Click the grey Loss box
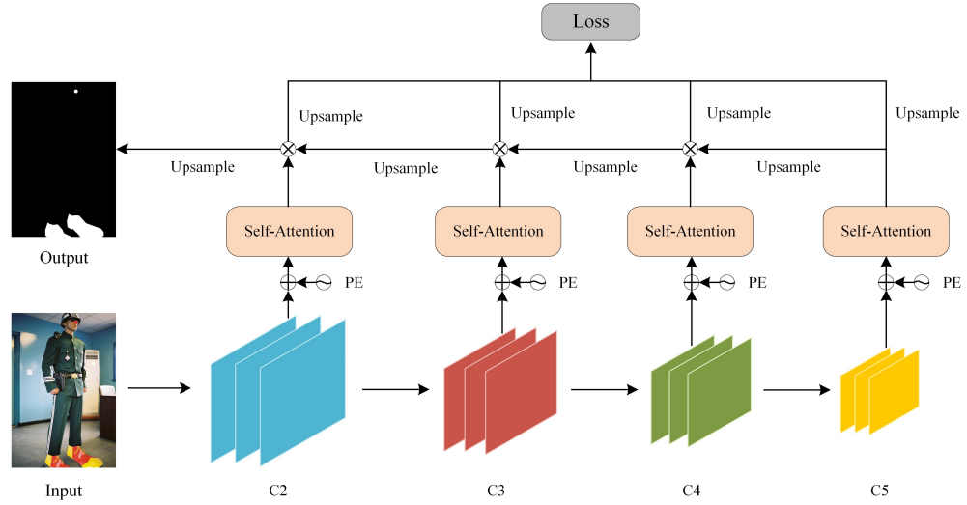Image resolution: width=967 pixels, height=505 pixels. (589, 21)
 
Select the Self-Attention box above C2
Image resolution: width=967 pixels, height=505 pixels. (288, 231)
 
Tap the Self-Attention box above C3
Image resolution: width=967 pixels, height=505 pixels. (498, 231)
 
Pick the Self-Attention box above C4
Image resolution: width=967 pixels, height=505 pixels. (690, 231)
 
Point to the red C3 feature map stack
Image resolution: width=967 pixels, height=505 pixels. (500, 390)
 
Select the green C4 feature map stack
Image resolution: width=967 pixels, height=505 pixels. (700, 390)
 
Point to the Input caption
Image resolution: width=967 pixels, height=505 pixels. (64, 491)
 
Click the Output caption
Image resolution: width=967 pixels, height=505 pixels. (64, 258)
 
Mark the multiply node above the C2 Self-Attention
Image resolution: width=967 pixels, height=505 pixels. (287, 149)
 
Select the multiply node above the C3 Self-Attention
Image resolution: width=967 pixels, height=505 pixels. (499, 149)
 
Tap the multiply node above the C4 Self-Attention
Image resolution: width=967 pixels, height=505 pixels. (690, 149)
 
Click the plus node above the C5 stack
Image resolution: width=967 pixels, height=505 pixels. (885, 283)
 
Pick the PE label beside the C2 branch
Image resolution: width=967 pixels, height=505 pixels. (355, 283)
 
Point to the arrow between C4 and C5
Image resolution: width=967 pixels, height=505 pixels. (797, 391)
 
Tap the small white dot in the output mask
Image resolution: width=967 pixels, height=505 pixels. (75, 92)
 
